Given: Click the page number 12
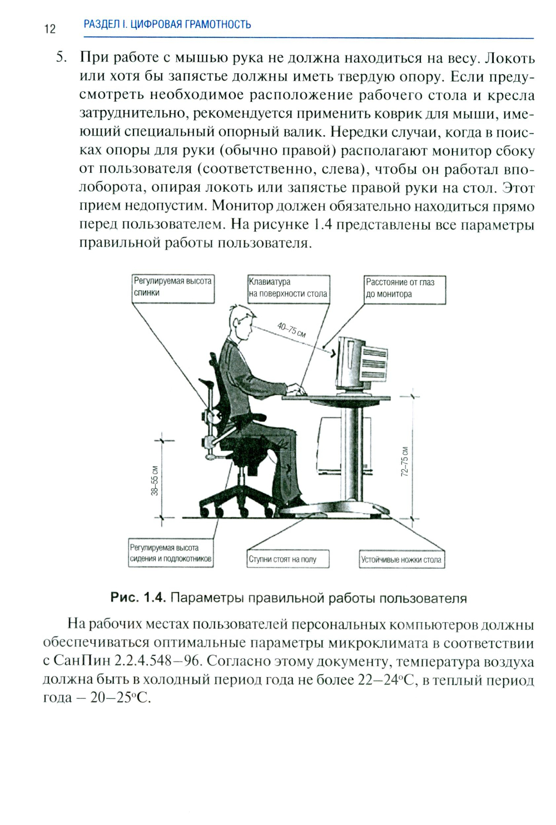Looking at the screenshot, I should pyautogui.click(x=49, y=29).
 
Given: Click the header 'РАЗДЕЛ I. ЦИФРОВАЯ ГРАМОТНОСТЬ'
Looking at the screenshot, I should pyautogui.click(x=167, y=24).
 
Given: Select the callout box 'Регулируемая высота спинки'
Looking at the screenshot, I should pyautogui.click(x=173, y=288).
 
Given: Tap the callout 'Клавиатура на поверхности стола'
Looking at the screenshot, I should pyautogui.click(x=288, y=288).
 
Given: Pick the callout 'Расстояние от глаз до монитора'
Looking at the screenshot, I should pyautogui.click(x=405, y=289).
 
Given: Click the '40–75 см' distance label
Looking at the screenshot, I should pyautogui.click(x=291, y=330).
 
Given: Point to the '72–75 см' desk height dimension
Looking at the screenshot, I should pyautogui.click(x=405, y=461).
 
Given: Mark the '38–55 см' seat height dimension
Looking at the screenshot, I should pyautogui.click(x=155, y=480).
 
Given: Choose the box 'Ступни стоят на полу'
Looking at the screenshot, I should pyautogui.click(x=288, y=559).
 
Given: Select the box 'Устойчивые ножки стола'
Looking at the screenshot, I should pyautogui.click(x=402, y=560).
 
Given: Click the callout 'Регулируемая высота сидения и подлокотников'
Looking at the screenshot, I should pyautogui.click(x=171, y=553).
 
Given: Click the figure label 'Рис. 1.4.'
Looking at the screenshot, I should pyautogui.click(x=138, y=598).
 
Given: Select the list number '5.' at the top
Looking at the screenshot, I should pyautogui.click(x=62, y=58).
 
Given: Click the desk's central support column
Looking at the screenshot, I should pyautogui.click(x=350, y=450).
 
